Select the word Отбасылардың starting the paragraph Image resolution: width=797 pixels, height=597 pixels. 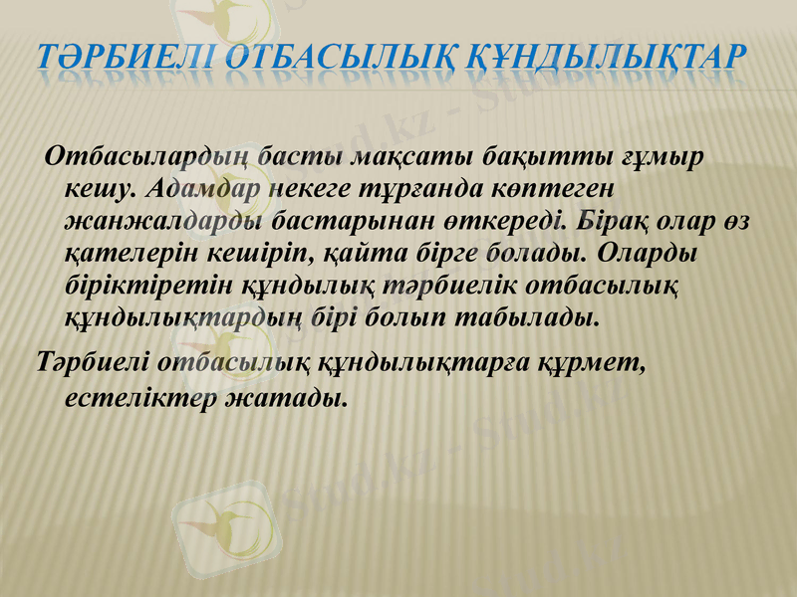pos(146,157)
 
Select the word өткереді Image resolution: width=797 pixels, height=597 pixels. pos(452,221)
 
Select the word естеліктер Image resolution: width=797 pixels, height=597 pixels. pos(131,398)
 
